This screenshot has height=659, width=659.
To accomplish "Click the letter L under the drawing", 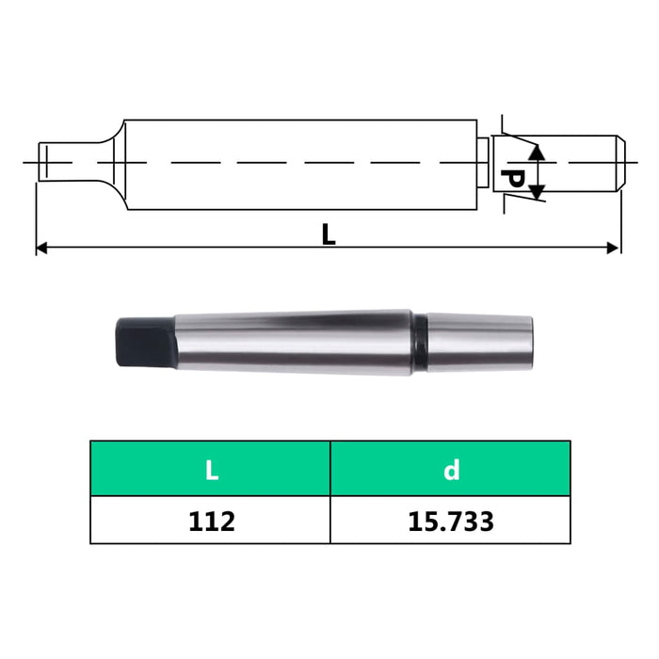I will (x=328, y=233).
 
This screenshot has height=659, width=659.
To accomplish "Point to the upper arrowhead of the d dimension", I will (x=536, y=151).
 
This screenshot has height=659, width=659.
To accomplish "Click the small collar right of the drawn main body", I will (x=482, y=163).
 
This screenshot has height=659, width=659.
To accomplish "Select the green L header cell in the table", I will (x=211, y=469).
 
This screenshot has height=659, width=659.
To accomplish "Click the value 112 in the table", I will (x=211, y=521).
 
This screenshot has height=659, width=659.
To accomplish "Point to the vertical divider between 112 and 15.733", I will (x=330, y=521).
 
